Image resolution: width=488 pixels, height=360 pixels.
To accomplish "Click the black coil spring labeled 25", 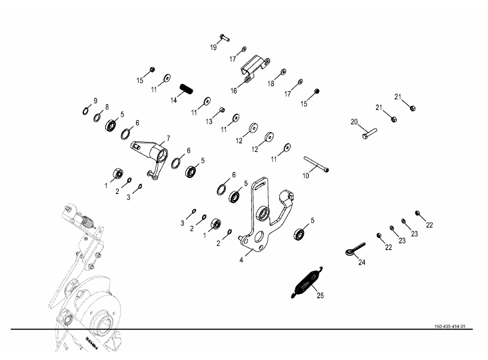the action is tap(307, 283).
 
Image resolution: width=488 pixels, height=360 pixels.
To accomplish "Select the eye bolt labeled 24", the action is tap(355, 249).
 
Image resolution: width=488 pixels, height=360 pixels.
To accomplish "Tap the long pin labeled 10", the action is tap(316, 163).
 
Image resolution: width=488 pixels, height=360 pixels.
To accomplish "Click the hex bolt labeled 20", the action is tap(369, 133).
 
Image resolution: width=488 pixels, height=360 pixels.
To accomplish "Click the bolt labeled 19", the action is tap(225, 38).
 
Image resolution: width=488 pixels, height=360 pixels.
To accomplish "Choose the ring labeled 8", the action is tap(97, 117).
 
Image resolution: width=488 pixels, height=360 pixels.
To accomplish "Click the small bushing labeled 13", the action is tap(222, 110).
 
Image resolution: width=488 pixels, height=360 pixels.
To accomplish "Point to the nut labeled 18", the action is tap(283, 72).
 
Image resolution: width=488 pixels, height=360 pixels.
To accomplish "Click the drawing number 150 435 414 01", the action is tap(450, 327).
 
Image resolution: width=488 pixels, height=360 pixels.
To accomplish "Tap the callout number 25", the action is tap(320, 295).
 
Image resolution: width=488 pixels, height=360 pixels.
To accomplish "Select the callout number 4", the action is tap(241, 260).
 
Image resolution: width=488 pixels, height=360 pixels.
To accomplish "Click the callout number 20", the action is tap(354, 122).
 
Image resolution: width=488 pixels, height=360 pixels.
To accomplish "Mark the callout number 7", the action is tap(169, 138).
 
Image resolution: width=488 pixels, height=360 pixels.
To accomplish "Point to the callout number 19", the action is tap(213, 47).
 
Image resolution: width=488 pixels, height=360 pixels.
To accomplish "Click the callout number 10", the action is tap(305, 176).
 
